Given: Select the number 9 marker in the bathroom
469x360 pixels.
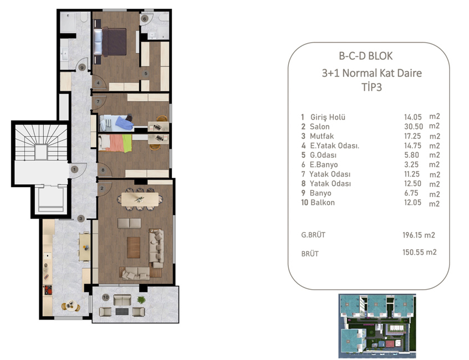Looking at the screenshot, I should [81, 68].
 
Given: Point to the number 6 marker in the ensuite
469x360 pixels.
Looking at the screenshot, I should [145, 18].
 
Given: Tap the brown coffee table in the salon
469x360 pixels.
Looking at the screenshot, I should [134, 246].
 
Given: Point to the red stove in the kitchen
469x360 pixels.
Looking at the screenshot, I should [48, 289].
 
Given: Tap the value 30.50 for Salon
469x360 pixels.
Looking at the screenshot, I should [414, 126].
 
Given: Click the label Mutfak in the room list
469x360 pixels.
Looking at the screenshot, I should [322, 136].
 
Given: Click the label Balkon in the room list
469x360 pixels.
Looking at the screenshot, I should [322, 203].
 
